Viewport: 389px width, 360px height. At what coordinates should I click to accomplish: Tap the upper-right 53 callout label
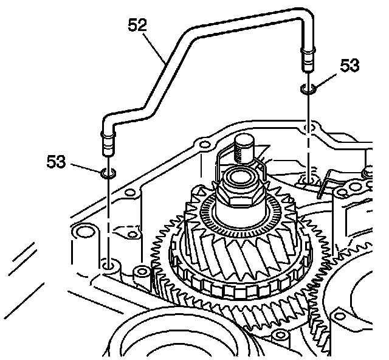click(350, 65)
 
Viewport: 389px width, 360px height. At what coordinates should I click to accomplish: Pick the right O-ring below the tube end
click(307, 91)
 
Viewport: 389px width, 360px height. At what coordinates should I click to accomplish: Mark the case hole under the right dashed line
click(308, 179)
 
